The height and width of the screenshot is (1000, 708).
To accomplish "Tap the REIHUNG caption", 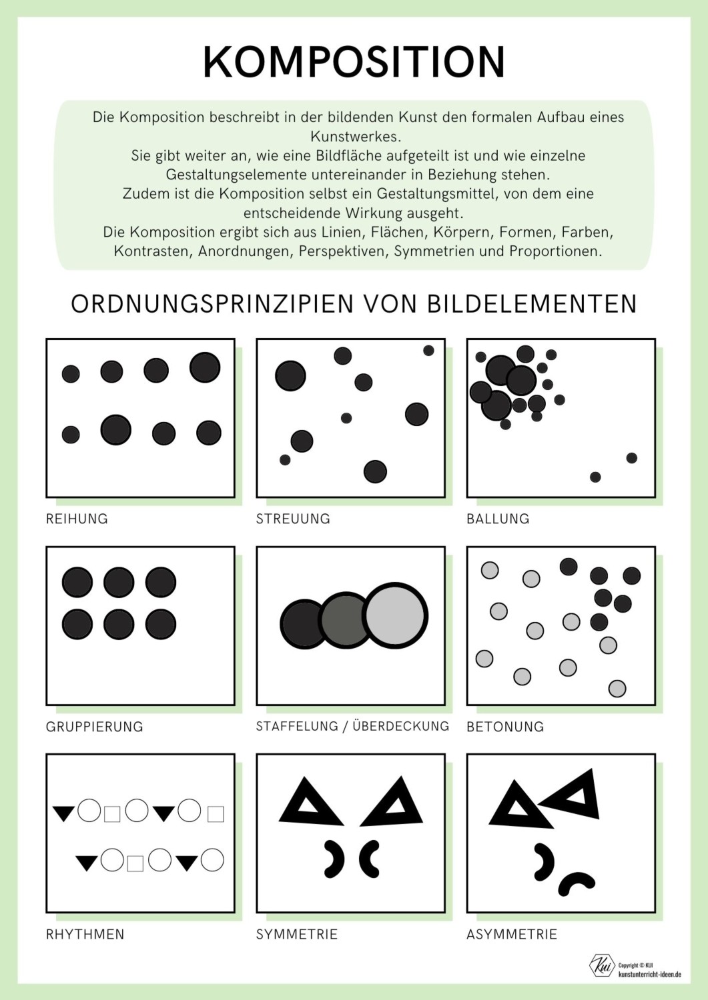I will pyautogui.click(x=77, y=519).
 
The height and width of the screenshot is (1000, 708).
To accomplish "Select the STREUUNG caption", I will pyautogui.click(x=293, y=519).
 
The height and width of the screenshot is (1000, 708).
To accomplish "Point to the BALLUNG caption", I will pyautogui.click(x=498, y=519).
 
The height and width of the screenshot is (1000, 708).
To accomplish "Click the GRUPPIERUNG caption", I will pyautogui.click(x=94, y=727).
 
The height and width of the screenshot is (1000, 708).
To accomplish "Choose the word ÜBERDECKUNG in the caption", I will pyautogui.click(x=400, y=726).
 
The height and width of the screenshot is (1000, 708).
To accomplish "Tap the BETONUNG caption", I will pyautogui.click(x=505, y=727).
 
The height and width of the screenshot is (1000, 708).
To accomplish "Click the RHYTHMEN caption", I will pyautogui.click(x=85, y=934).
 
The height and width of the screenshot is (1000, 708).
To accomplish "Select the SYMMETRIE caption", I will pyautogui.click(x=297, y=934).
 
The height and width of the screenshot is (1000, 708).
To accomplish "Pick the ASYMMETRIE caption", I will pyautogui.click(x=512, y=934).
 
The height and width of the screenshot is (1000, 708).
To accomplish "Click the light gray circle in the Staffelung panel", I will pyautogui.click(x=397, y=615).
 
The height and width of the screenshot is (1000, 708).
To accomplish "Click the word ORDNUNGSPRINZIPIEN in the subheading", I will pyautogui.click(x=212, y=304).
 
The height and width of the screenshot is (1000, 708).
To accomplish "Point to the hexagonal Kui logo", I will pyautogui.click(x=602, y=965).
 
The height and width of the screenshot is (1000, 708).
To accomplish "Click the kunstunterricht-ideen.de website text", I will pyautogui.click(x=649, y=974).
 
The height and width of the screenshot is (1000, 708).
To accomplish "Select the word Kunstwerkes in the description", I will pyautogui.click(x=354, y=137).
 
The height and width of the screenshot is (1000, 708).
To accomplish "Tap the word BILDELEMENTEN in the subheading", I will pyautogui.click(x=532, y=304).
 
